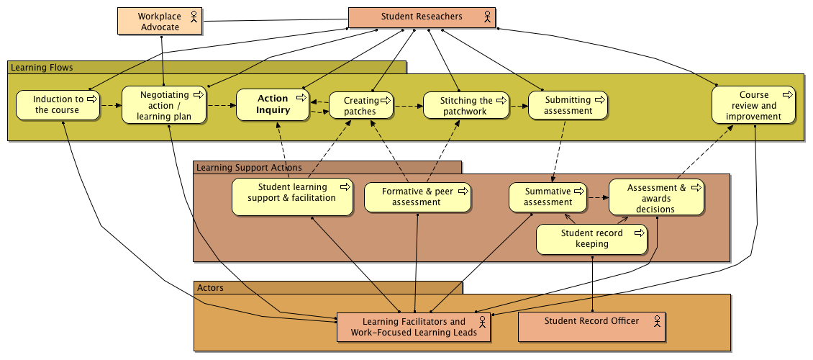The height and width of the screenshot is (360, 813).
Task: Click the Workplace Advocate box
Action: tap(160, 22)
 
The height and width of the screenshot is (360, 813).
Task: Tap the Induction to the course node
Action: tap(58, 105)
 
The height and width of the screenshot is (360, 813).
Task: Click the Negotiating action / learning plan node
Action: tap(164, 105)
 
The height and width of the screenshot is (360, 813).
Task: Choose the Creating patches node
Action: tap(360, 106)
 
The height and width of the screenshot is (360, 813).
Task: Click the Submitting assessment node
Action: tap(568, 105)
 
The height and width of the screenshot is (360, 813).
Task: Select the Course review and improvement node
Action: tap(753, 105)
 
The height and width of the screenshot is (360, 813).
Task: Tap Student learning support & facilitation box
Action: tap(292, 197)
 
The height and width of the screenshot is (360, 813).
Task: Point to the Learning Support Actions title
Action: tap(249, 168)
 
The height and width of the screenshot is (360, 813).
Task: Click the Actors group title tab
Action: tap(210, 288)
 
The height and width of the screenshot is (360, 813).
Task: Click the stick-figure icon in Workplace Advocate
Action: tap(194, 18)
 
